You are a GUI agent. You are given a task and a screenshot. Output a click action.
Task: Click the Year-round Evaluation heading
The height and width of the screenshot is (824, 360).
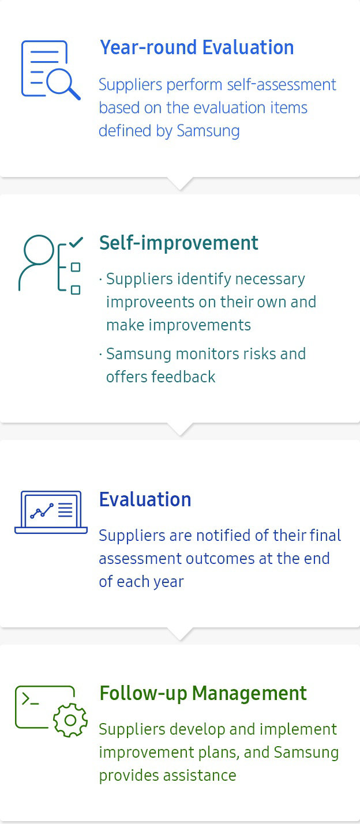click(197, 48)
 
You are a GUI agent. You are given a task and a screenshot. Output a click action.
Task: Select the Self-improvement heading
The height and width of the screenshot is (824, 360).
click(178, 243)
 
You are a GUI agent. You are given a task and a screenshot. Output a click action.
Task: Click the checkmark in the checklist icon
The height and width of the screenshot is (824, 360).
click(76, 242)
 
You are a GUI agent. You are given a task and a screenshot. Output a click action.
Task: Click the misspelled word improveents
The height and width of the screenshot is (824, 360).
click(150, 302)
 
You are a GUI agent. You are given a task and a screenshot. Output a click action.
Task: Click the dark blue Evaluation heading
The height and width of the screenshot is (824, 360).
click(145, 499)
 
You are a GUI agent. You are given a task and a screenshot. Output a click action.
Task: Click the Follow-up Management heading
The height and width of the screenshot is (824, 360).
click(203, 694)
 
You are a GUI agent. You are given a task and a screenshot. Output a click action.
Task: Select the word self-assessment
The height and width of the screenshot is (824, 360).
click(281, 85)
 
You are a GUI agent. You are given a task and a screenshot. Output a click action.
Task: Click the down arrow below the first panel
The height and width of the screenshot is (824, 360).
click(180, 183)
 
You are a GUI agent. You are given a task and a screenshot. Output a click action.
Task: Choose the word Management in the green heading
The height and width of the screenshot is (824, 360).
click(249, 694)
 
